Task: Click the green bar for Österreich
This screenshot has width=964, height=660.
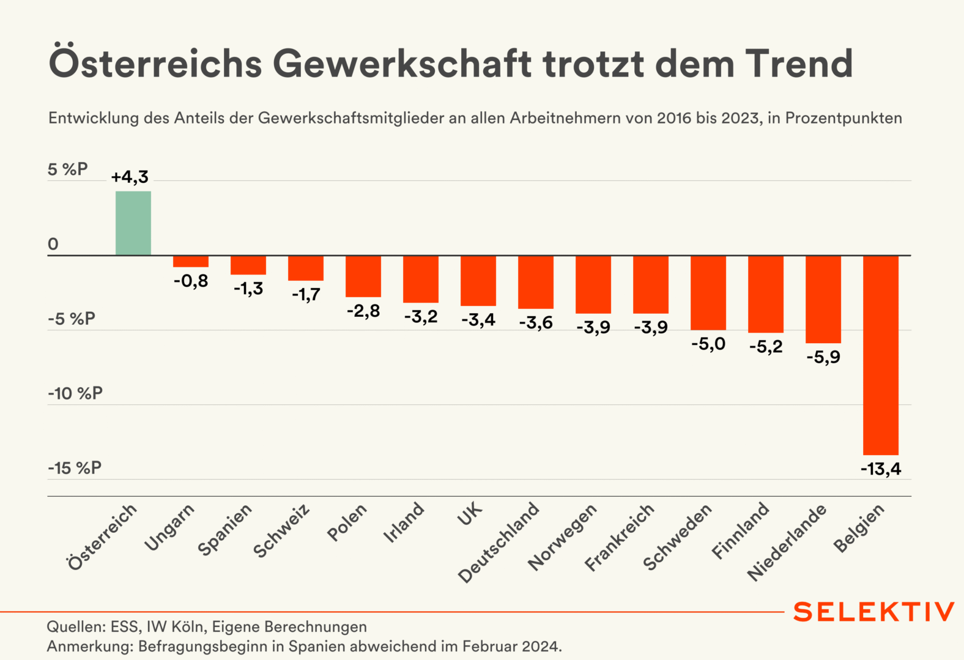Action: [133, 223]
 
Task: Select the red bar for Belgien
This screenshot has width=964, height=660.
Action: [880, 355]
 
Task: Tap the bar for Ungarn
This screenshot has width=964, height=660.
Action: [191, 261]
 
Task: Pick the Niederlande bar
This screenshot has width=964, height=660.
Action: [823, 299]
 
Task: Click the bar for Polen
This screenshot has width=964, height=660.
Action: [363, 276]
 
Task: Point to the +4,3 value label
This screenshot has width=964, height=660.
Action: [130, 177]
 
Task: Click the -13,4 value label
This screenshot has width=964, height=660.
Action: [881, 469]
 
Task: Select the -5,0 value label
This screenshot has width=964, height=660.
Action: [708, 344]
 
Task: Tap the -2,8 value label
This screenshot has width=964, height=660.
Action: [363, 311]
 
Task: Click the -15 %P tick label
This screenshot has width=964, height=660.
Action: [75, 468]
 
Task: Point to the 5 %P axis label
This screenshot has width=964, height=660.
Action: [67, 169]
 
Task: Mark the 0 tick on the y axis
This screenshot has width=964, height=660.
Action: [53, 244]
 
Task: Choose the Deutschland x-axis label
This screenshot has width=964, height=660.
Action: [499, 543]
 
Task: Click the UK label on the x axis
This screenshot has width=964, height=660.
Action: [470, 515]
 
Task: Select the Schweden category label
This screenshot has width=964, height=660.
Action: [678, 538]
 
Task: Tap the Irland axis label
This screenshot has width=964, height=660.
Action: [404, 522]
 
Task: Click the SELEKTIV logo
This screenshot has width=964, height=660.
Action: [873, 612]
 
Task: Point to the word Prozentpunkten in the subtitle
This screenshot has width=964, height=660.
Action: [843, 118]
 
